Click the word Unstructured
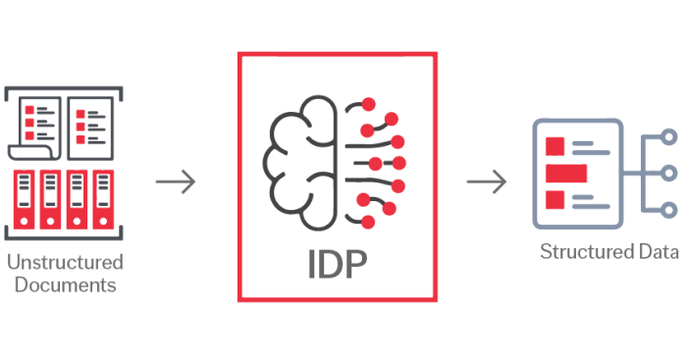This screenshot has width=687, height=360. coord(65,263)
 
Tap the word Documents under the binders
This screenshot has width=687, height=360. coord(65,285)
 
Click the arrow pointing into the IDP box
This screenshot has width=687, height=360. coord(177,182)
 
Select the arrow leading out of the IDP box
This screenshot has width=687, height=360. coord(487,182)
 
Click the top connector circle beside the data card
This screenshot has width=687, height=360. coord(669,136)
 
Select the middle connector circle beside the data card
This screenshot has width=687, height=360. coord(669,173)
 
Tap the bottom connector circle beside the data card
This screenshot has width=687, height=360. coord(669,209)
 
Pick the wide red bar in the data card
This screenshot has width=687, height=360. coord(566,174)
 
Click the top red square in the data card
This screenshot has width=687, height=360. coord(555,147)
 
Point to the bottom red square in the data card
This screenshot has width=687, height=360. coord(555,200)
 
